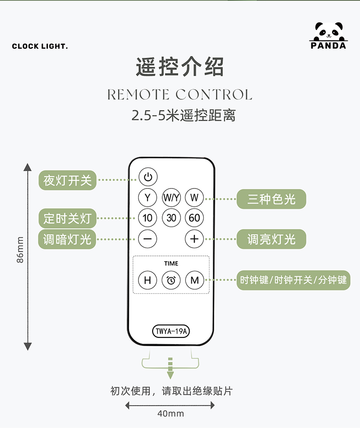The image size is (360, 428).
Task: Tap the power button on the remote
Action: point(148,177)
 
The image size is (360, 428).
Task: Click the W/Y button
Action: point(171,198)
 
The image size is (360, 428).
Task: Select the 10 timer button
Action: point(148,218)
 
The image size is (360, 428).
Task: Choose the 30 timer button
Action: point(171,218)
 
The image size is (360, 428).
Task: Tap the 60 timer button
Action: point(195,218)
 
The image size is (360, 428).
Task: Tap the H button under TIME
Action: point(148,280)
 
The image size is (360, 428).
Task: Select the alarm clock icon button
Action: point(171,280)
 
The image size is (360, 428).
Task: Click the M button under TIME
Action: point(195,280)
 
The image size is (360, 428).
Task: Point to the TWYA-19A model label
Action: point(171,331)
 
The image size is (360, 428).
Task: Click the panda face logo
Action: point(328,31)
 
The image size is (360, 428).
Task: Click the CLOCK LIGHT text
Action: point(40,46)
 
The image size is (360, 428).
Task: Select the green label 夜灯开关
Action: point(67,180)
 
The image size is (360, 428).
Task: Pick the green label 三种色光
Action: point(271,199)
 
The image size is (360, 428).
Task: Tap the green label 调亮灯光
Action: point(271,239)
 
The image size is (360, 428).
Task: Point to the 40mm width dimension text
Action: point(171,413)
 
